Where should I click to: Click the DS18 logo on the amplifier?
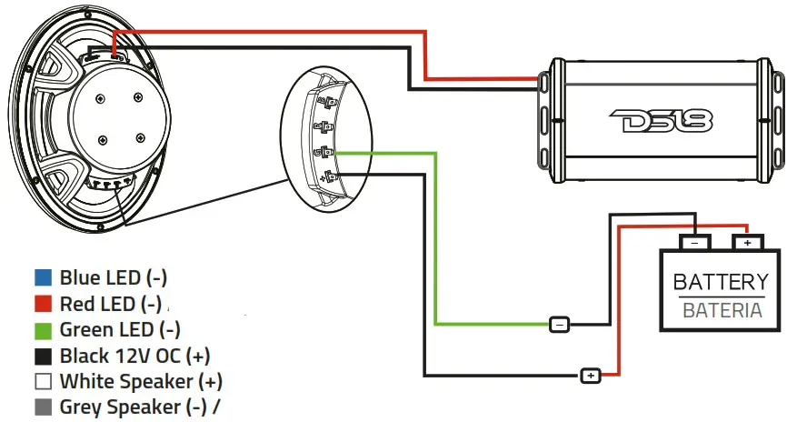click(663, 119)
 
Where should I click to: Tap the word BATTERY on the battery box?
click(721, 282)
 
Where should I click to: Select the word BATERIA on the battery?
click(722, 310)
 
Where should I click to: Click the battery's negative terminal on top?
click(695, 244)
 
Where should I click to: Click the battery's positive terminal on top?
click(747, 244)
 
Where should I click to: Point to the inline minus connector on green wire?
click(560, 324)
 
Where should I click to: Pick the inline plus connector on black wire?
click(591, 375)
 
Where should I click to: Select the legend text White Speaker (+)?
click(141, 382)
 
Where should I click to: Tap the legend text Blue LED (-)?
click(114, 277)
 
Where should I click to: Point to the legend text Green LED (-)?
click(120, 329)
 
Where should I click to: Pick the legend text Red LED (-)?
click(112, 304)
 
